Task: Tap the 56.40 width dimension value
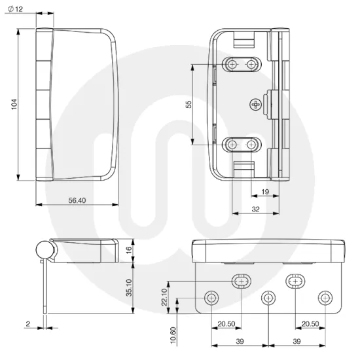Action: (77, 200)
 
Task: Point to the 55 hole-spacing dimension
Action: (189, 105)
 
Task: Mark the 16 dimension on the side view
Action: (129, 249)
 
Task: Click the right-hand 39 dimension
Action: (296, 341)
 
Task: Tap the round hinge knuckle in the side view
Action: (44, 249)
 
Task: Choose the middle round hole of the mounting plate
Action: (267, 298)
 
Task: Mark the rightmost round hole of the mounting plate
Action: (323, 298)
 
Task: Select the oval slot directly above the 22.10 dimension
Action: (240, 281)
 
